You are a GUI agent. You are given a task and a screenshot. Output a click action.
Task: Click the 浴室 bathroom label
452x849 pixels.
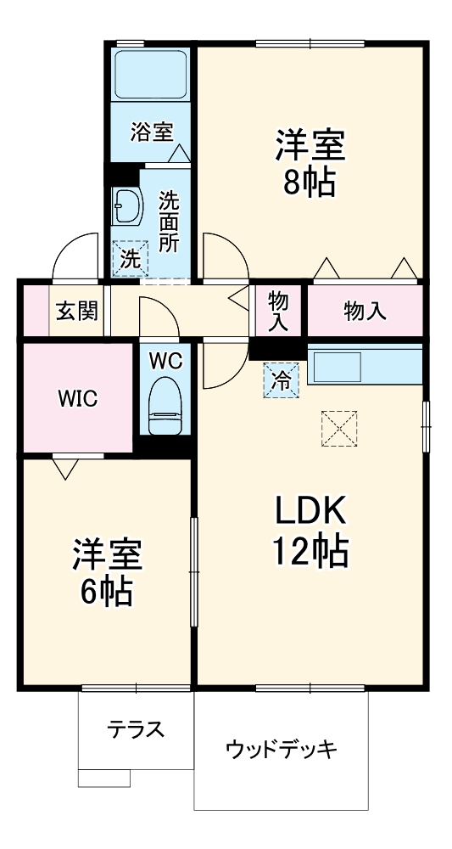pyautogui.click(x=152, y=132)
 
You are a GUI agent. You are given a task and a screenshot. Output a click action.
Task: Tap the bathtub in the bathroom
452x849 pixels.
pyautogui.click(x=151, y=77)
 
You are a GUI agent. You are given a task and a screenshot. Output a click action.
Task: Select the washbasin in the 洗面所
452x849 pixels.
pyautogui.click(x=127, y=205)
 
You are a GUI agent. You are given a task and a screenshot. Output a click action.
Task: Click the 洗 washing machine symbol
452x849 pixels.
pyautogui.click(x=130, y=259)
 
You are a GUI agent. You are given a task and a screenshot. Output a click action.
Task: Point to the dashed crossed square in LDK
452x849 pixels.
pyautogui.click(x=340, y=428)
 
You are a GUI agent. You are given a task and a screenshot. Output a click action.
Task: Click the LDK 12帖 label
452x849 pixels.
pyautogui.click(x=309, y=531)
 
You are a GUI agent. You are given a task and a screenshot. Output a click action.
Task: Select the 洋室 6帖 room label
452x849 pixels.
pyautogui.click(x=106, y=570)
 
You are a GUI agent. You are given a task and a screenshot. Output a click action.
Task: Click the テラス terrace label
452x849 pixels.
pyautogui.click(x=135, y=729)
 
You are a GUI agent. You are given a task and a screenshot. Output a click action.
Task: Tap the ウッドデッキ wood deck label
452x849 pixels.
pyautogui.click(x=282, y=750)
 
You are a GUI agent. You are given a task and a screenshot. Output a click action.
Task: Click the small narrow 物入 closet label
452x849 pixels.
pyautogui.click(x=279, y=311)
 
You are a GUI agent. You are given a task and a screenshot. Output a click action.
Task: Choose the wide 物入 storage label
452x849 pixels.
pyautogui.click(x=365, y=312)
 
